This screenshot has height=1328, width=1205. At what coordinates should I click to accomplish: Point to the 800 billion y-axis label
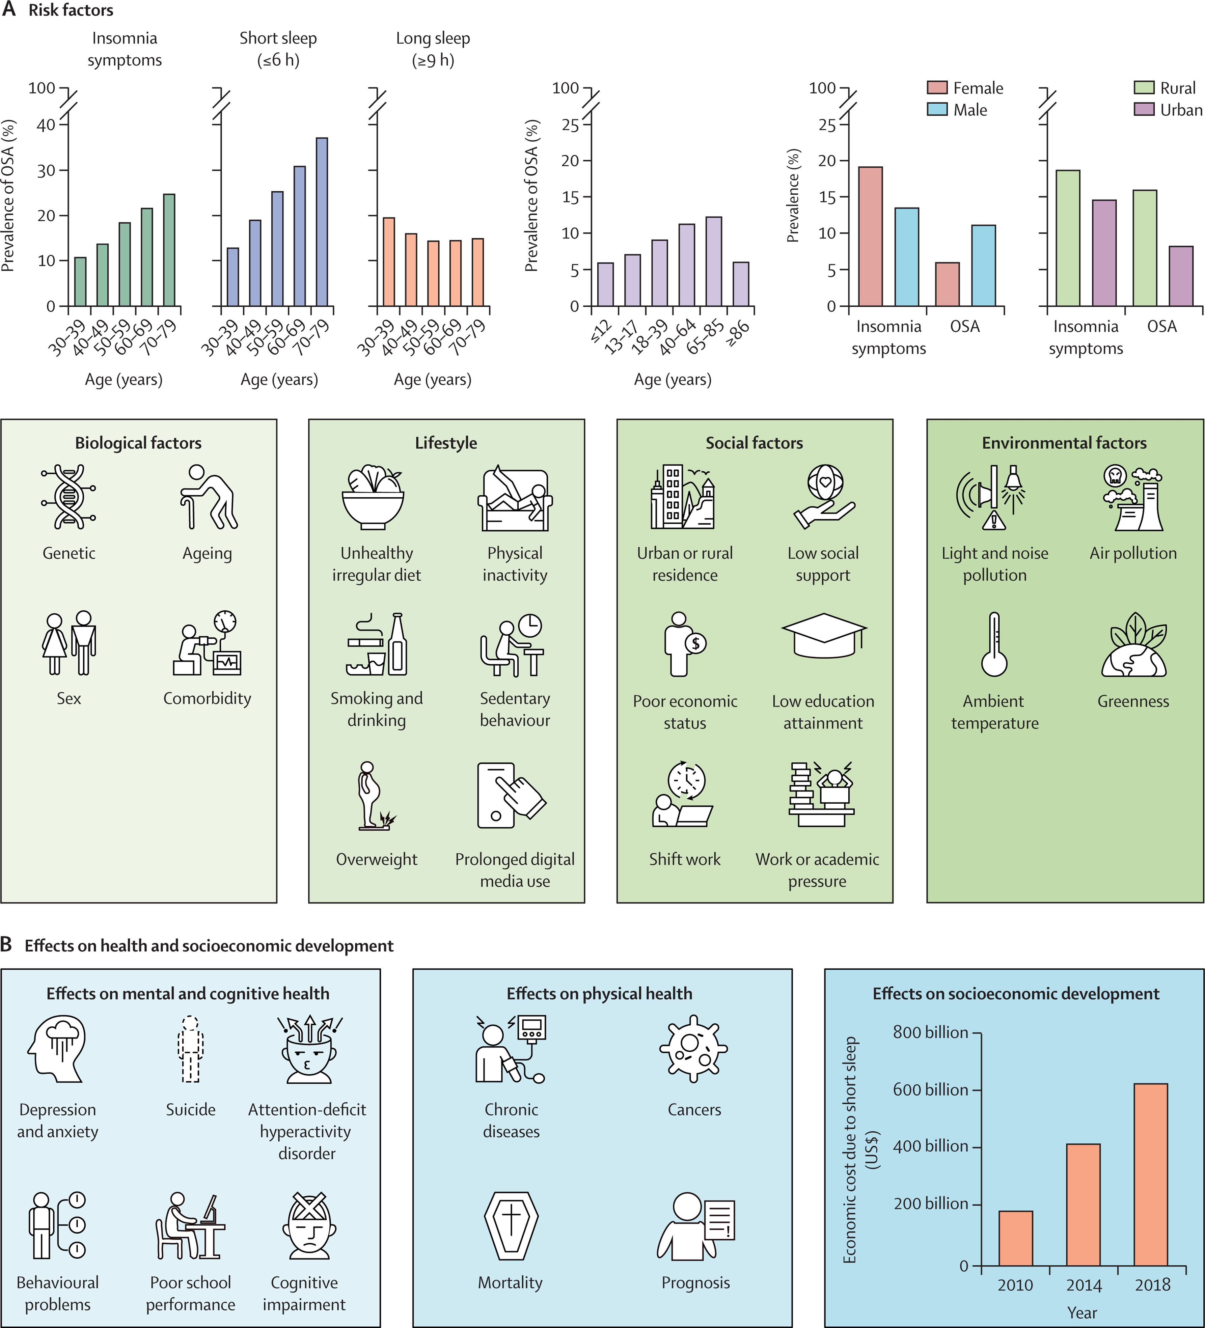[x=930, y=1032]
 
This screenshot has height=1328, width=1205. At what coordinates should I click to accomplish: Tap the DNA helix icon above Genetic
[x=69, y=497]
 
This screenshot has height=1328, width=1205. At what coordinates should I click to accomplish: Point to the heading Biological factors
[x=138, y=443]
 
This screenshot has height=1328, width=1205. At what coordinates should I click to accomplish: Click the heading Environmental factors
[x=1064, y=443]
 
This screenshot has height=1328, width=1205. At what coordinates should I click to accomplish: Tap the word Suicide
[x=190, y=1109]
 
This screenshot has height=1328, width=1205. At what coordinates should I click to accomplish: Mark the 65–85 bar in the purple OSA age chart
[x=713, y=261]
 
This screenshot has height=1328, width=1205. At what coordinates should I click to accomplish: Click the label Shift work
[x=685, y=859]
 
